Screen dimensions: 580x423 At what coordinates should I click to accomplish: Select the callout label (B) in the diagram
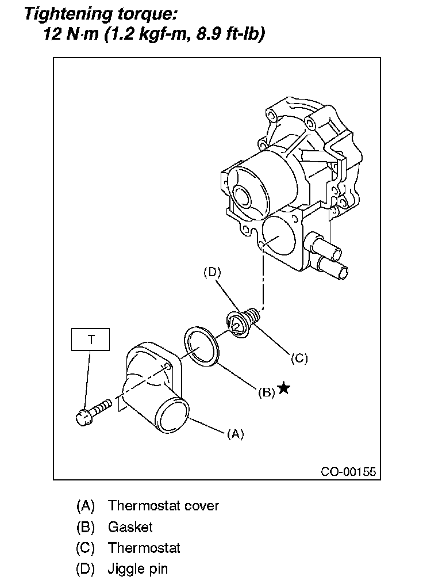click(x=266, y=393)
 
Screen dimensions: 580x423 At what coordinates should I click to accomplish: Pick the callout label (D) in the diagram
click(x=212, y=273)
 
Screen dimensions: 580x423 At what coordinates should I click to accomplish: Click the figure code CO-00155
click(x=348, y=472)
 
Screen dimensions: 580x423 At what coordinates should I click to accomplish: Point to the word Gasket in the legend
click(x=130, y=527)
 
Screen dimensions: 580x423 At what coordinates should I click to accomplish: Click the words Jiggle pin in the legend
click(x=138, y=570)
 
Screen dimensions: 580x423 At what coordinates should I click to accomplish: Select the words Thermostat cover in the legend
click(x=164, y=506)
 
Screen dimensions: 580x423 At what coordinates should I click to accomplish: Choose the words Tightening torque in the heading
click(x=95, y=13)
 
